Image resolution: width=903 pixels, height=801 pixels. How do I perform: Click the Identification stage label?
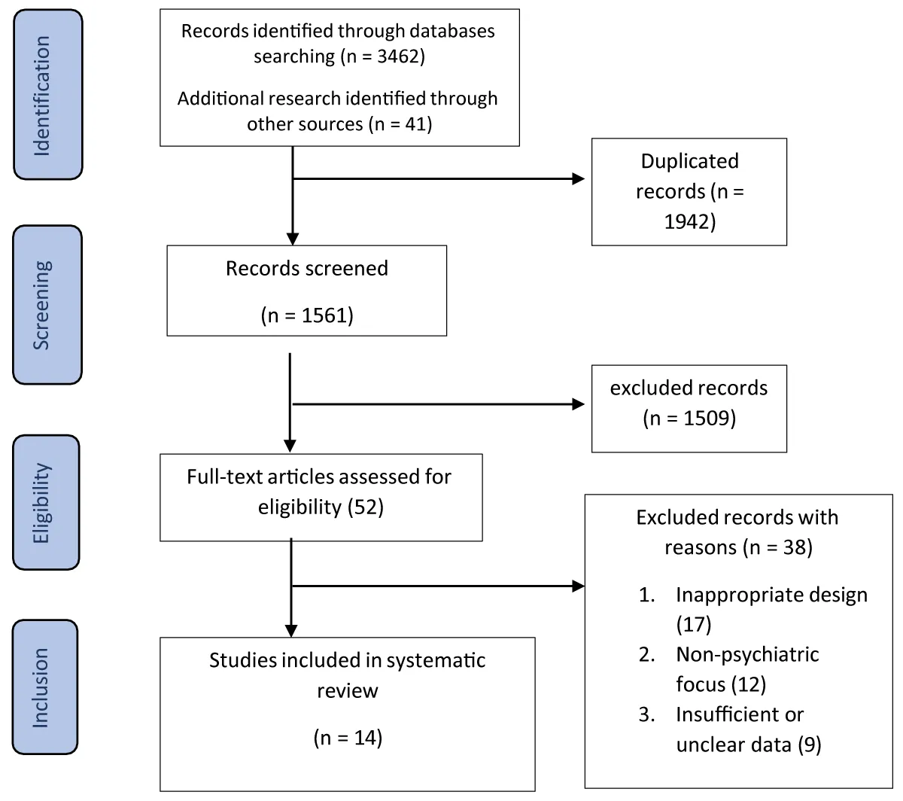tap(42, 96)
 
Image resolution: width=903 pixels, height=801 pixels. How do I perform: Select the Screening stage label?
tap(41, 305)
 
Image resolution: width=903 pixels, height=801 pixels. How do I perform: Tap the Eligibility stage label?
tap(41, 503)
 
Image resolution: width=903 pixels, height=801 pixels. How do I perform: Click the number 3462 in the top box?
tap(398, 56)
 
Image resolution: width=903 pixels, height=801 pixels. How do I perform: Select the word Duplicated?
tap(689, 161)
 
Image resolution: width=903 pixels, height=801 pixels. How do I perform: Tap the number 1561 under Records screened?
tap(324, 315)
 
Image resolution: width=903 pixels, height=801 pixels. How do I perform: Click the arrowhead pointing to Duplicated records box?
tap(578, 179)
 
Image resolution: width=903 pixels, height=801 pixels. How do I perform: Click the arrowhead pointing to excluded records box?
tap(578, 404)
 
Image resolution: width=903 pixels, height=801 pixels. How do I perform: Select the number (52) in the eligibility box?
tap(366, 507)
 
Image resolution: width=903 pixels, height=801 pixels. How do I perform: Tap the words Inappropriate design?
tap(771, 595)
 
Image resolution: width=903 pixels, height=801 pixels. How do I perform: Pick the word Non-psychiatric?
tap(747, 654)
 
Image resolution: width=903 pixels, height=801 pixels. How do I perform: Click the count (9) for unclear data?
tap(810, 745)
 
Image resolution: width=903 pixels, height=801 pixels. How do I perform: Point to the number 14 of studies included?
tap(365, 737)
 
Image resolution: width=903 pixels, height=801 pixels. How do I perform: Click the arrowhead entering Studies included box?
tap(291, 631)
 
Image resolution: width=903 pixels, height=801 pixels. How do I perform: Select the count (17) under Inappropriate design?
tap(694, 624)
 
